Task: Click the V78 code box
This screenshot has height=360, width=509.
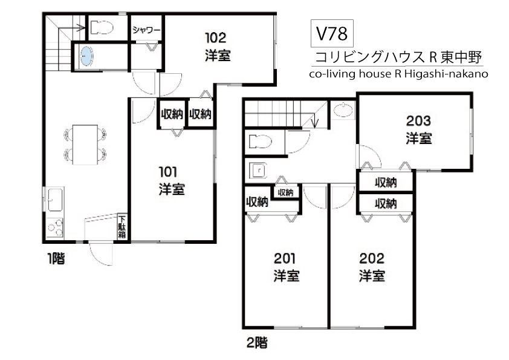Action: pyautogui.click(x=332, y=33)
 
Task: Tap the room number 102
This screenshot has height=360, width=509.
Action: pyautogui.click(x=216, y=38)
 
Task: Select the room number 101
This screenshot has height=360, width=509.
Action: pyautogui.click(x=168, y=172)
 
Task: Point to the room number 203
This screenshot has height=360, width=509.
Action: pyautogui.click(x=418, y=121)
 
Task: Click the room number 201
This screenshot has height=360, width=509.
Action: pyautogui.click(x=285, y=258)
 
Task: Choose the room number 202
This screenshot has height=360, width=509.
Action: pyautogui.click(x=372, y=258)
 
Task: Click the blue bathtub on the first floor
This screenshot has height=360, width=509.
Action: pyautogui.click(x=86, y=56)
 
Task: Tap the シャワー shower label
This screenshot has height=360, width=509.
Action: pyautogui.click(x=146, y=30)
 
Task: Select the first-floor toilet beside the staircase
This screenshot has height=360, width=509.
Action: pyautogui.click(x=101, y=28)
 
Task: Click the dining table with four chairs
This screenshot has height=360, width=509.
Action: pyautogui.click(x=85, y=144)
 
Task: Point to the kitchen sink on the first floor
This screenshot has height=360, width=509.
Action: pyautogui.click(x=55, y=200)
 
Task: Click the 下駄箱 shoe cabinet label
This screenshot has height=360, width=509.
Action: pyautogui.click(x=122, y=226)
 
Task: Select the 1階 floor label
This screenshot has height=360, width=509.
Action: pyautogui.click(x=56, y=258)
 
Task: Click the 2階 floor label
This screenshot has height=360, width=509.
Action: pyautogui.click(x=257, y=343)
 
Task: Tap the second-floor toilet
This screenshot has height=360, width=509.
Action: pyautogui.click(x=261, y=142)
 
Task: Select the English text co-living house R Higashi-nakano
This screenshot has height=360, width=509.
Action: pyautogui.click(x=398, y=74)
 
